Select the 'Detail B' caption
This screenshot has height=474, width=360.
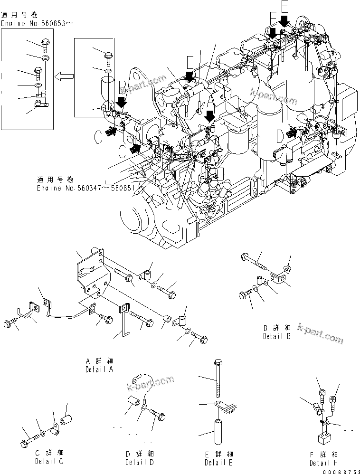276,336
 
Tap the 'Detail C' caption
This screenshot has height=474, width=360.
49,461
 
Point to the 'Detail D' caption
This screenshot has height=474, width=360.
140,462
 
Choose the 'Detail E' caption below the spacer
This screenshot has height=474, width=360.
219,462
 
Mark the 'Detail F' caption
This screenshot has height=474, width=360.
324,463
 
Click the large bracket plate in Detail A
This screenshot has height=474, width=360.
93,273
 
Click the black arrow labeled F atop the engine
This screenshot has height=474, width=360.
273,34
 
